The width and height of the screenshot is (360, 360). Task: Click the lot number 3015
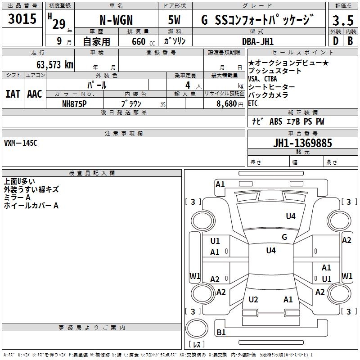[x=22, y=19]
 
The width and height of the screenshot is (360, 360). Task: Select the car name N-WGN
[x=116, y=20]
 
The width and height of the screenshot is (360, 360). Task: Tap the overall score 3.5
[x=343, y=20]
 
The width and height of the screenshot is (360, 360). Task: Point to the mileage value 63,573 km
[x=55, y=65]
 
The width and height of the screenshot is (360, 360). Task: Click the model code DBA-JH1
[x=258, y=41]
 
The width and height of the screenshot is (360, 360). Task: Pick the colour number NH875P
[x=74, y=104]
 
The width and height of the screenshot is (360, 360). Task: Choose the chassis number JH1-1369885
[x=302, y=143]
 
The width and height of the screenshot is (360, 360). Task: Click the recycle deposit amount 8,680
[x=227, y=104]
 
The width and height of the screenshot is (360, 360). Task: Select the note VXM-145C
[x=20, y=143]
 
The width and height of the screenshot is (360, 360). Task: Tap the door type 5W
[x=174, y=20]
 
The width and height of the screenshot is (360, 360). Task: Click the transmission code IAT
[x=13, y=94]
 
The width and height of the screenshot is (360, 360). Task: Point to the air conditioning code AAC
[x=35, y=94]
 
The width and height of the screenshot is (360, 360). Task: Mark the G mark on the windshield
[x=284, y=237]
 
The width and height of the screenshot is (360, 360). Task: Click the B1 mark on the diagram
[x=221, y=332]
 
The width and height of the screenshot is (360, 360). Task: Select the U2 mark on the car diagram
[x=253, y=299]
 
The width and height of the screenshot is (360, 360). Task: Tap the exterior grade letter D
[x=336, y=41]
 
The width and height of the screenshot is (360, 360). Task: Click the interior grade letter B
[x=350, y=41]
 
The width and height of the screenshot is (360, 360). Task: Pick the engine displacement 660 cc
[x=143, y=42]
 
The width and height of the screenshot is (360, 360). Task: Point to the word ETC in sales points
[x=253, y=103]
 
